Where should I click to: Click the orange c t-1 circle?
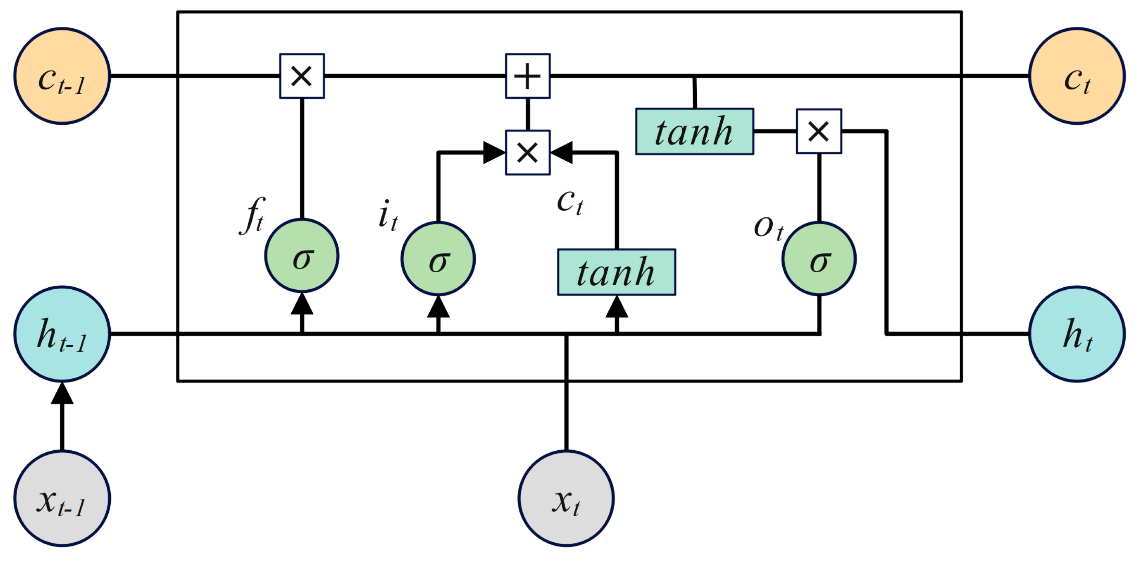(x=62, y=76)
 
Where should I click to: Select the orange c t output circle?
(x=1076, y=76)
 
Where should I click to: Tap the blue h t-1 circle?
(x=62, y=334)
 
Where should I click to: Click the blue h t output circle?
(x=1076, y=334)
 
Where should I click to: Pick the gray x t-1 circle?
(x=62, y=499)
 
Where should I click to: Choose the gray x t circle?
(x=566, y=499)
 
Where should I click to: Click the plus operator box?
(x=528, y=76)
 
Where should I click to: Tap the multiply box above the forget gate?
(x=302, y=76)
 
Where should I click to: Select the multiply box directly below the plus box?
(x=528, y=153)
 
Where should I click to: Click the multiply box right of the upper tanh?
(x=819, y=131)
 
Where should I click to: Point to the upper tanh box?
(x=694, y=131)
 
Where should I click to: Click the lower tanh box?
(x=616, y=272)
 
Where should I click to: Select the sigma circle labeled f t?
(x=302, y=256)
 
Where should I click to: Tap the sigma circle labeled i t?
(x=438, y=259)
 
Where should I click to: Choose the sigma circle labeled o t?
(x=819, y=259)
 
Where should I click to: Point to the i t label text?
(x=388, y=215)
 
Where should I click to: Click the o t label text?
(x=768, y=227)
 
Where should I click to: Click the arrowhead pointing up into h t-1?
(x=62, y=394)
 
